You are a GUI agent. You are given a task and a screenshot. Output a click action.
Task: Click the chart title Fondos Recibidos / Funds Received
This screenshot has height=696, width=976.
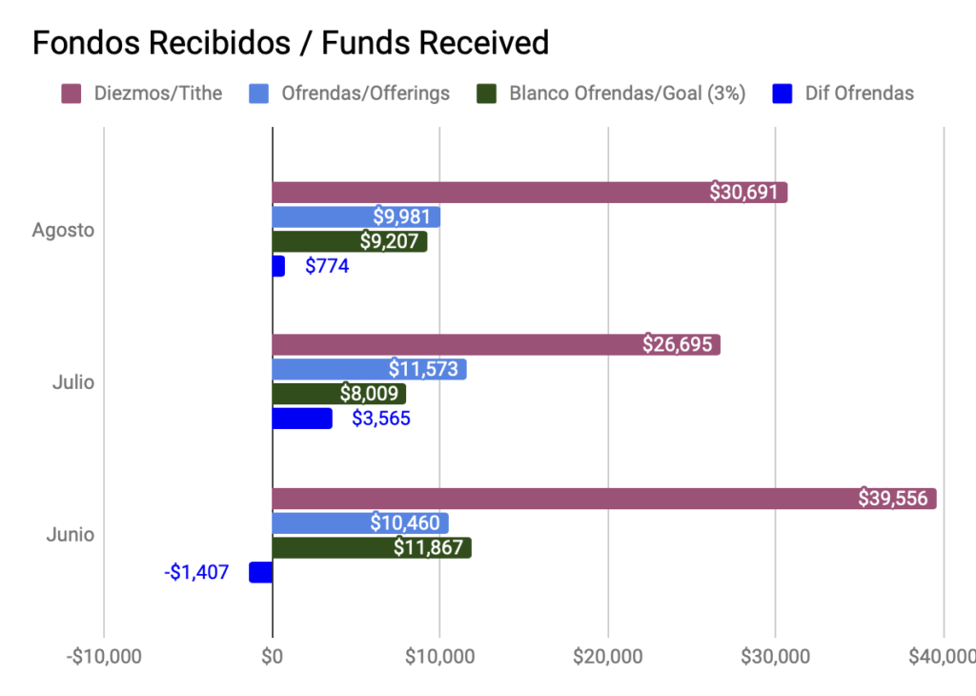[x=291, y=43]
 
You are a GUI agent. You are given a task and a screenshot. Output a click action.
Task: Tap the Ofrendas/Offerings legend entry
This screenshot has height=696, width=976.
[x=349, y=93]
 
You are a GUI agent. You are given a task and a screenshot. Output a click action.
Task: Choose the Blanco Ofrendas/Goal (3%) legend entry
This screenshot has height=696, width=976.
[x=610, y=93]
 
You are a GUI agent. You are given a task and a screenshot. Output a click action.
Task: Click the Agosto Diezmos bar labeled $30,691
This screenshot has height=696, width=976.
[x=529, y=192]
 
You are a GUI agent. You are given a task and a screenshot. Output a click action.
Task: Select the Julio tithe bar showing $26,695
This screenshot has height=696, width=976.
[x=496, y=344]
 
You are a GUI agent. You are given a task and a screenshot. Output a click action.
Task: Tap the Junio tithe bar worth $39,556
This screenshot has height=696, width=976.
[x=603, y=498]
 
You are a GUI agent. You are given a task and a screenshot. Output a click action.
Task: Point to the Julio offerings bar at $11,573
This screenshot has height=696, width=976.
[x=369, y=369]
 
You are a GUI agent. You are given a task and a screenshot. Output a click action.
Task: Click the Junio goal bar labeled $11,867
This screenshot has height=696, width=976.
[x=371, y=547]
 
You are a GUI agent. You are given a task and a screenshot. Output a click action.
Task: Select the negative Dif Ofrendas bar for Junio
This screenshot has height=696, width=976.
[x=260, y=572]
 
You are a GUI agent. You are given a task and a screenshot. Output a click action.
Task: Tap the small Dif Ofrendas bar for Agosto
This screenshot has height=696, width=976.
[x=278, y=266]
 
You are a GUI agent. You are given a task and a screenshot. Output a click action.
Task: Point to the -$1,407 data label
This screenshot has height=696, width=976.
[x=196, y=572]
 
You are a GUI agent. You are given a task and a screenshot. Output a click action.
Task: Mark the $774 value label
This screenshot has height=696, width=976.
[x=327, y=266]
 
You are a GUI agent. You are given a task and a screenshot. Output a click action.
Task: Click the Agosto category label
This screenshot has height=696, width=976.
[x=63, y=230]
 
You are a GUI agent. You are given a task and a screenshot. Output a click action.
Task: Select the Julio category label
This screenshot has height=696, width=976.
[x=72, y=382]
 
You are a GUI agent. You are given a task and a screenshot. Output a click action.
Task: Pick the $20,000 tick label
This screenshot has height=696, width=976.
[x=608, y=657]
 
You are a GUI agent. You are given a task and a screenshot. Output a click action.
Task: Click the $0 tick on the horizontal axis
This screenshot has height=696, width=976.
[x=273, y=657]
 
